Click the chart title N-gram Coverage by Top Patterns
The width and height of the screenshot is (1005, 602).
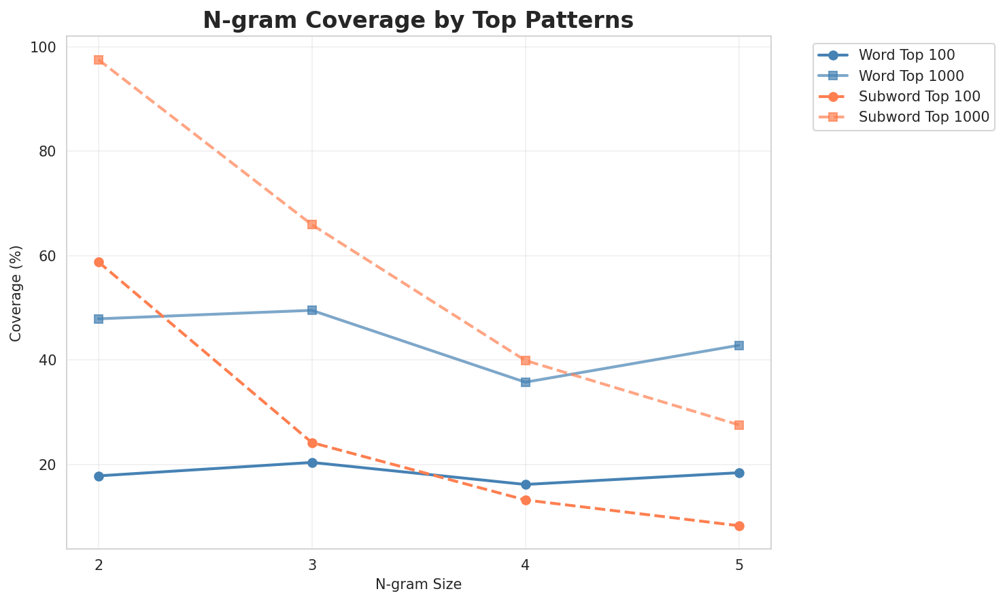[x=418, y=20]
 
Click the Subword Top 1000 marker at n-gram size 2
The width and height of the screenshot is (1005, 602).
[x=99, y=60]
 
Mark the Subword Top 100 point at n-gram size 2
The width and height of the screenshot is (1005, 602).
[x=99, y=263]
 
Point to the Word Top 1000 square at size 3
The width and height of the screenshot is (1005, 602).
[x=312, y=310]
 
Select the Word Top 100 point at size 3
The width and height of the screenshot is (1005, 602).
[x=312, y=463]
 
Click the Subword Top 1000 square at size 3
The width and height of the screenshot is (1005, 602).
[x=312, y=224]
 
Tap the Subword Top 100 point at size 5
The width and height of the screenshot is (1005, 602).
[x=739, y=526]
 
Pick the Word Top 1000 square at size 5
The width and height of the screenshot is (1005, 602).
[x=739, y=346]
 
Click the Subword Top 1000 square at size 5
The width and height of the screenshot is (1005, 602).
[x=739, y=425]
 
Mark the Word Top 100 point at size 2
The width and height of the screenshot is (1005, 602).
[x=99, y=476]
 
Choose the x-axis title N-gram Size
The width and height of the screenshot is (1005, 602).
[x=418, y=585]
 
